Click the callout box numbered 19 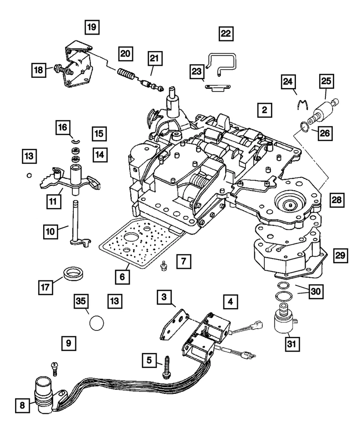coord(92,27)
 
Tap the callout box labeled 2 coord(264,110)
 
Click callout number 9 coord(68,342)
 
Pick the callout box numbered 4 coord(230,301)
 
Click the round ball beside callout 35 coord(96,323)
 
